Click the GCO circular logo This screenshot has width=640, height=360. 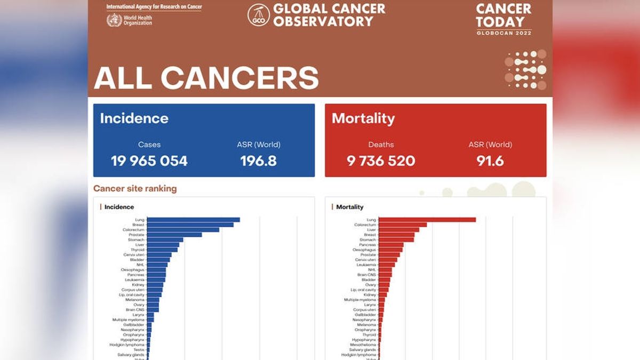pos(259,15)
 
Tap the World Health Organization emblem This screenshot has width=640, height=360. pos(114,20)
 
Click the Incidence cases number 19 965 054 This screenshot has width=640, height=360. pos(149,161)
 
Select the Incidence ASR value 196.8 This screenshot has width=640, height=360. pos(258,161)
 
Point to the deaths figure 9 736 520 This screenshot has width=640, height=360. pos(381,161)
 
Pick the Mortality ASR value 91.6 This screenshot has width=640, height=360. pos(490,161)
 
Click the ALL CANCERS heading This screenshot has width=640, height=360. pos(206,78)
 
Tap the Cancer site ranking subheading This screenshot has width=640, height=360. pos(135,188)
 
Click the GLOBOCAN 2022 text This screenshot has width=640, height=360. pos(503,33)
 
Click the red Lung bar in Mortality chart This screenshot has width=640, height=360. pos(427,220)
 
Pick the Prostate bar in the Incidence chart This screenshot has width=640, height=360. pos(174,235)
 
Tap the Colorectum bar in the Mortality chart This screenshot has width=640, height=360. pos(403,225)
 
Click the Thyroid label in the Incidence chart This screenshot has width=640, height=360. pos(138,250)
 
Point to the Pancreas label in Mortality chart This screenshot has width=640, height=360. pos(367,245)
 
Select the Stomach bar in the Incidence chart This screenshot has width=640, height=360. pos(165,240)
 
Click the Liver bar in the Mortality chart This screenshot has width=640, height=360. pos(398,230)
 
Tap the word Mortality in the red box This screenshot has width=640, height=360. pos(363,118)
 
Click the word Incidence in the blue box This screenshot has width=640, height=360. pos(134,118)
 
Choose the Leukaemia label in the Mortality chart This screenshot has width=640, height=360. pos(366,265)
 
